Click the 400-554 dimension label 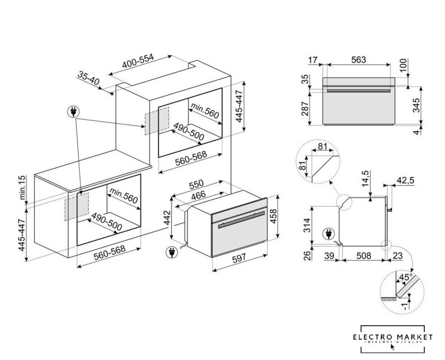pyautogui.click(x=138, y=62)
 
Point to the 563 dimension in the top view pyautogui.click(x=358, y=60)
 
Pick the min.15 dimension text pyautogui.click(x=24, y=187)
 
